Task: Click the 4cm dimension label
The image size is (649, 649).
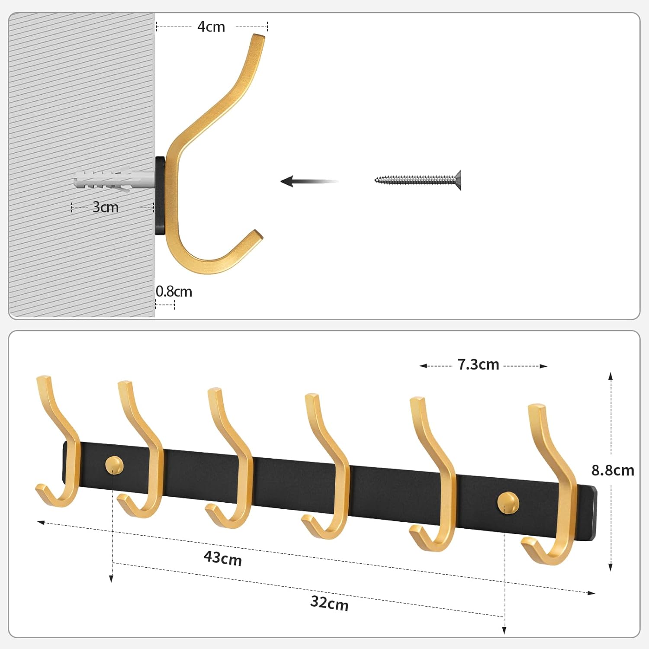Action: tap(211, 27)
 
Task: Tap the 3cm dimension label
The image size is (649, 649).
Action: tap(106, 207)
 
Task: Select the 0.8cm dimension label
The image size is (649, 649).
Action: tap(173, 292)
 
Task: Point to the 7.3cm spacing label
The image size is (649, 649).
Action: tap(478, 365)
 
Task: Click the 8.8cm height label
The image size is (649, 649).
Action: tap(613, 470)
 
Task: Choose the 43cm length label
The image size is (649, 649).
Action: tap(223, 558)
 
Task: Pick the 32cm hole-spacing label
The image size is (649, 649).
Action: tap(329, 603)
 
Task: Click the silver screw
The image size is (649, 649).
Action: tap(418, 180)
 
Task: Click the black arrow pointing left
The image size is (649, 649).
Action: tap(309, 181)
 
